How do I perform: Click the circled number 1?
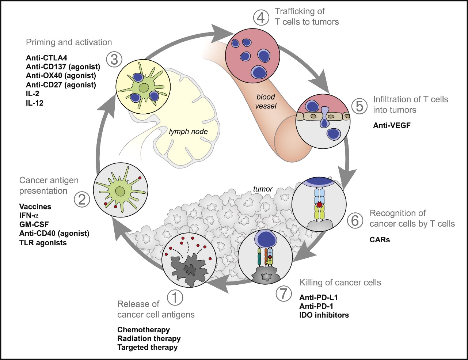point(175,298)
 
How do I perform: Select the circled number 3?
point(114,59)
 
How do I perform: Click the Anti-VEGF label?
point(392,125)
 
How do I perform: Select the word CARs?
point(380,240)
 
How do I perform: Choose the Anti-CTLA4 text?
point(46,57)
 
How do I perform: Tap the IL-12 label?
point(35,103)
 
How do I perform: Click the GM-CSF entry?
point(34,224)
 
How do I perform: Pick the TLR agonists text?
point(43,242)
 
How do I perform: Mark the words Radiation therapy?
point(149,338)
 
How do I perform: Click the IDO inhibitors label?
point(324,315)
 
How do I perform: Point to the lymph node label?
point(188,131)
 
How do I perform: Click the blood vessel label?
point(266,102)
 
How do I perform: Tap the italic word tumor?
point(263,189)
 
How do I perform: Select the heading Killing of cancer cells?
point(340,283)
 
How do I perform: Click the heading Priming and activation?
point(69,42)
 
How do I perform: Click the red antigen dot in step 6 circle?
point(320,205)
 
